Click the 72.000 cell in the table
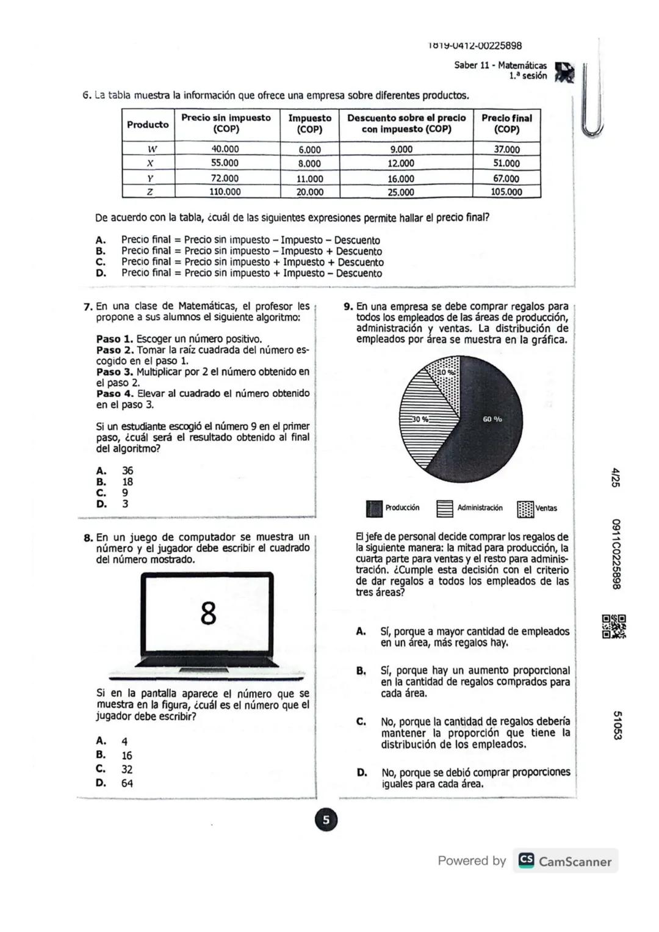pyautogui.click(x=225, y=178)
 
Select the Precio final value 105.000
pyautogui.click(x=506, y=192)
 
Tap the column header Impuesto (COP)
pyautogui.click(x=309, y=123)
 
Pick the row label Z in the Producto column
pyautogui.click(x=149, y=192)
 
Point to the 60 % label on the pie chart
pyautogui.click(x=492, y=419)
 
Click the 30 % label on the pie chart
pyautogui.click(x=420, y=419)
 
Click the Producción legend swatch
pyautogui.click(x=374, y=508)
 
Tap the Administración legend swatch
pyautogui.click(x=445, y=508)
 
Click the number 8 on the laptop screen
pyautogui.click(x=208, y=613)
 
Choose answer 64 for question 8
pyautogui.click(x=127, y=783)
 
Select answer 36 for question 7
pyautogui.click(x=128, y=470)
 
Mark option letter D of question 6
pyautogui.click(x=101, y=273)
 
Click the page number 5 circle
pyautogui.click(x=326, y=820)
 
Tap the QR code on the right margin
pyautogui.click(x=614, y=627)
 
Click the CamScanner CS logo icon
pyautogui.click(x=526, y=861)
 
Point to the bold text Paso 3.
pyautogui.click(x=114, y=371)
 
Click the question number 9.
pyautogui.click(x=348, y=307)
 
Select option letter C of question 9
pyautogui.click(x=361, y=721)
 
